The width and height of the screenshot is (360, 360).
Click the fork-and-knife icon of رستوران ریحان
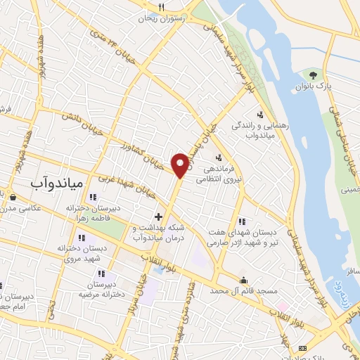(161, 7)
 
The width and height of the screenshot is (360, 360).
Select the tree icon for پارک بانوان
(312, 74)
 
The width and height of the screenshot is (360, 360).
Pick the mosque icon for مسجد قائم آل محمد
(244, 279)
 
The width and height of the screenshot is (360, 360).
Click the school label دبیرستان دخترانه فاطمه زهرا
(94, 214)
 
